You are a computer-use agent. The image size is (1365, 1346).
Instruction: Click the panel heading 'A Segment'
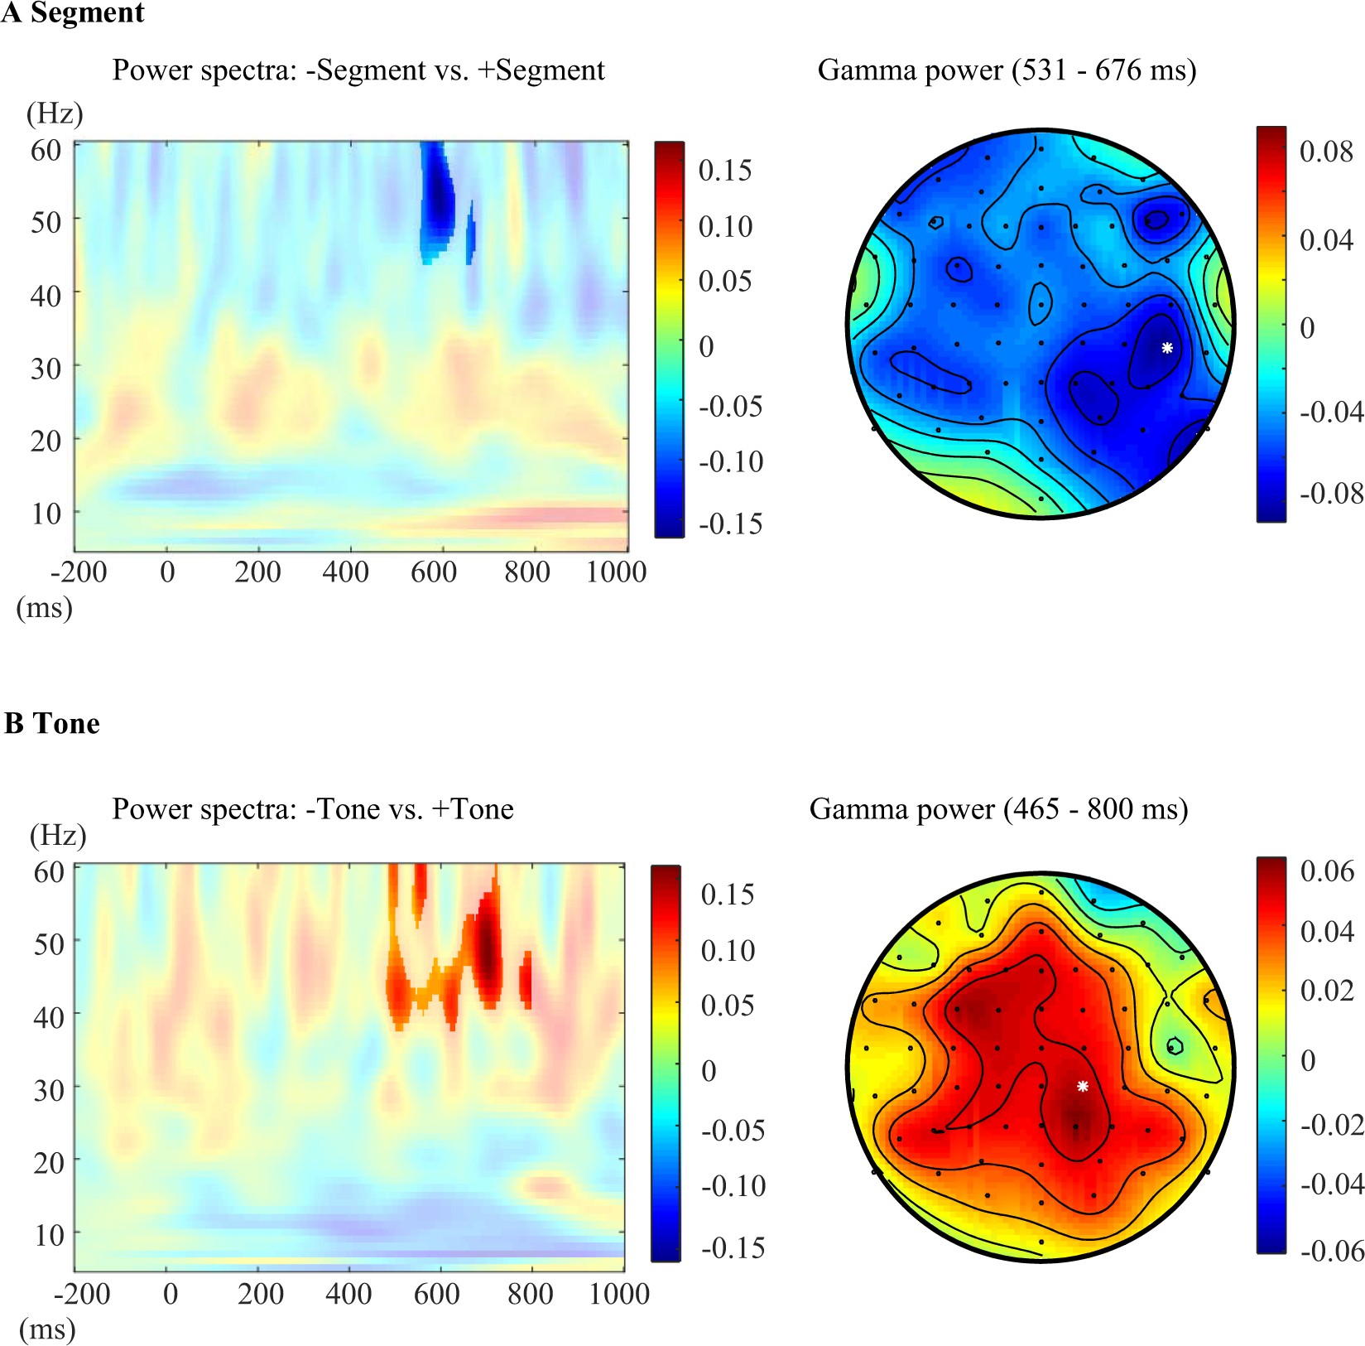point(73,13)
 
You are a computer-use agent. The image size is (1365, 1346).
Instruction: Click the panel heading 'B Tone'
point(52,723)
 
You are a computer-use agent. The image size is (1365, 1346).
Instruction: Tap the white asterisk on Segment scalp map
point(1167,348)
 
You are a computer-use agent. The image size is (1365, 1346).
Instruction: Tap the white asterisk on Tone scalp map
point(1082,1086)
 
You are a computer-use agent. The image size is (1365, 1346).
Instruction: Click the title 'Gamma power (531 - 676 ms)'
point(1007,70)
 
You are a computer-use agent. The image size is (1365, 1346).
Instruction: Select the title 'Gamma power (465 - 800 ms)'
point(998,808)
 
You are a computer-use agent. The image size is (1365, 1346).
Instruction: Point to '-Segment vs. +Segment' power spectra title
point(358,70)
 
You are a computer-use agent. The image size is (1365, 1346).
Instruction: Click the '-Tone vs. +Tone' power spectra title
point(313,808)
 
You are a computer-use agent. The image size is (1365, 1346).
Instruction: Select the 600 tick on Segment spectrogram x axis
point(434,572)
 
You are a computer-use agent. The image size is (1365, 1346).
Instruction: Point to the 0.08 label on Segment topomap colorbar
point(1326,152)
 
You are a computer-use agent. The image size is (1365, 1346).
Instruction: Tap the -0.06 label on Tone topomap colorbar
point(1331,1250)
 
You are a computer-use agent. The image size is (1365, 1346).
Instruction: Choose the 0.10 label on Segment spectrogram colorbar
point(725,226)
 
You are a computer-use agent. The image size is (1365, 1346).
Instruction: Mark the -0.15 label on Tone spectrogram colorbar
point(732,1247)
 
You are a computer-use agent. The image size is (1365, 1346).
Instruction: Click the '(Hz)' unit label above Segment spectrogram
point(55,113)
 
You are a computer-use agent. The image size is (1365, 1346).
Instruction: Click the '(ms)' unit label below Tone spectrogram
point(47,1329)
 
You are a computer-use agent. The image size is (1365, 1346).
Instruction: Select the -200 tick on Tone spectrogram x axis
point(82,1294)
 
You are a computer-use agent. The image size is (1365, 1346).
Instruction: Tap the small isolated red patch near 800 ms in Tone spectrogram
point(526,980)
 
